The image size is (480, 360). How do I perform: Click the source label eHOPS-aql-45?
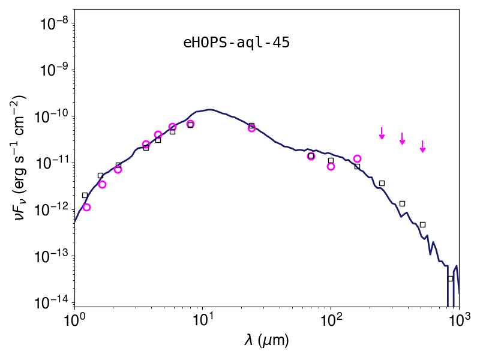point(236,43)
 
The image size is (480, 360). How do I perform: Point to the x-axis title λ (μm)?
point(266,340)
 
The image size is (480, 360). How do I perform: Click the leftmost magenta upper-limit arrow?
point(382,133)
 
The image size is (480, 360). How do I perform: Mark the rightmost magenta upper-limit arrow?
point(423,146)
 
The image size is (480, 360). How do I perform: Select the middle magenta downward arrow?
point(402,139)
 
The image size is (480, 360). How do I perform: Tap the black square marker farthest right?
point(451,278)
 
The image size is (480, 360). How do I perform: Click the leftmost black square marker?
point(85,196)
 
